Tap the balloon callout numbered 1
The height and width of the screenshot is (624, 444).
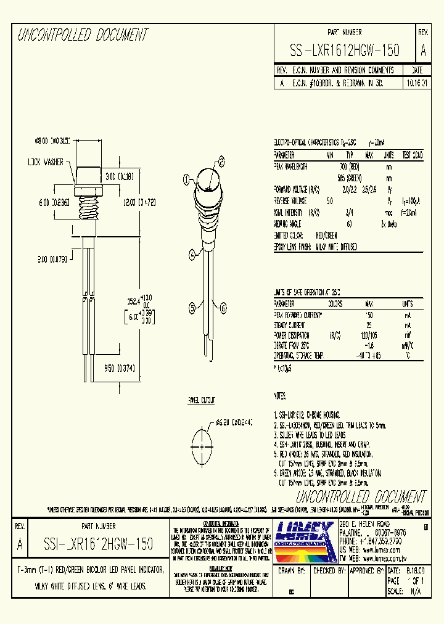pyautogui.click(x=185, y=180)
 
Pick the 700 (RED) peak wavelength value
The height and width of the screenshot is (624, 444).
pyautogui.click(x=349, y=166)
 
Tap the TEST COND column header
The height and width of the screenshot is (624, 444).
pyautogui.click(x=413, y=155)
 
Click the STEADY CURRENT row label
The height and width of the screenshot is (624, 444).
pyautogui.click(x=291, y=324)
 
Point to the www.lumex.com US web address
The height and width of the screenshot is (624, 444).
pyautogui.click(x=381, y=546)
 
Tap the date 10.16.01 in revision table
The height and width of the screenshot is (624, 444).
pyautogui.click(x=417, y=81)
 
